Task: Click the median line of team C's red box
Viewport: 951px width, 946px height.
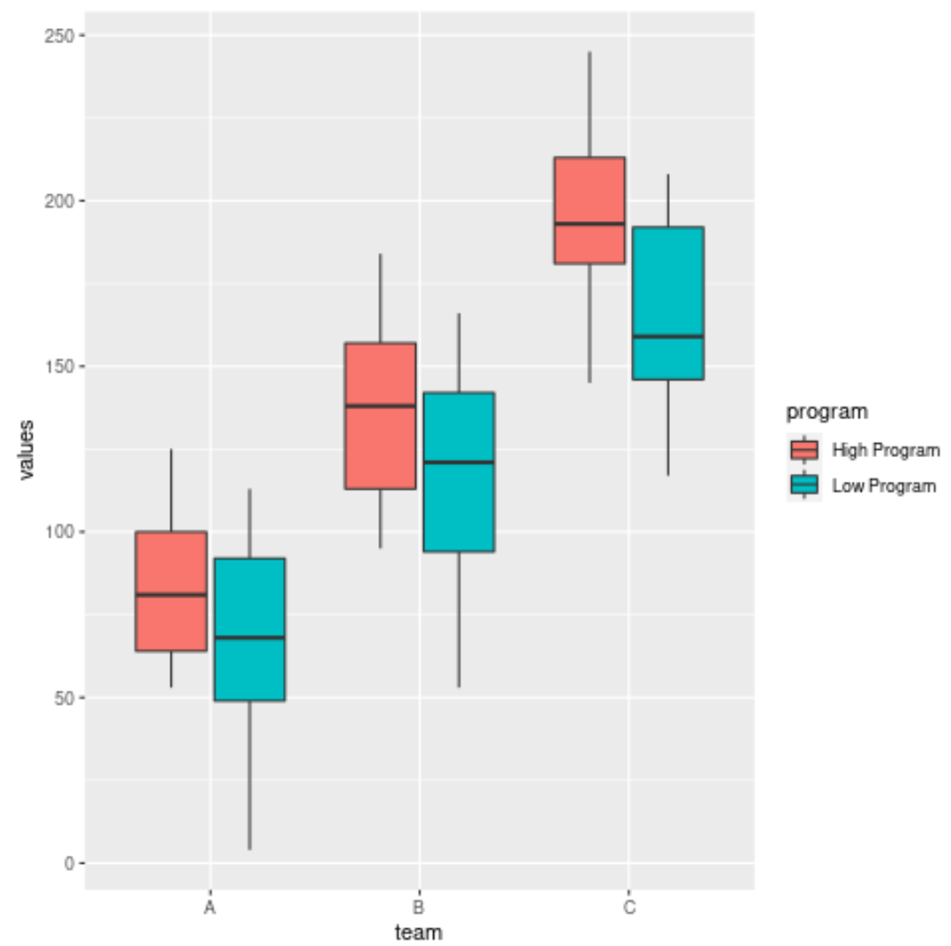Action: (x=590, y=224)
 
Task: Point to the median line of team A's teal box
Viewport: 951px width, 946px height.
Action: (x=249, y=637)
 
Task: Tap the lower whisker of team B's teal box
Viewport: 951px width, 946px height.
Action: (x=459, y=619)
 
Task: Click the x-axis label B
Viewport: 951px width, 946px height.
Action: (x=419, y=908)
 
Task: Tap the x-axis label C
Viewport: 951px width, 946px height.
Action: (x=628, y=908)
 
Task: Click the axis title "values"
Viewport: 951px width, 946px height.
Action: (x=27, y=449)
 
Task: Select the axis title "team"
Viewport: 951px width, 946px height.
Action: (x=418, y=932)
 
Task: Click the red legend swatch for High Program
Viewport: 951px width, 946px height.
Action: (x=804, y=450)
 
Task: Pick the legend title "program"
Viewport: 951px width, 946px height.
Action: (x=827, y=411)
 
